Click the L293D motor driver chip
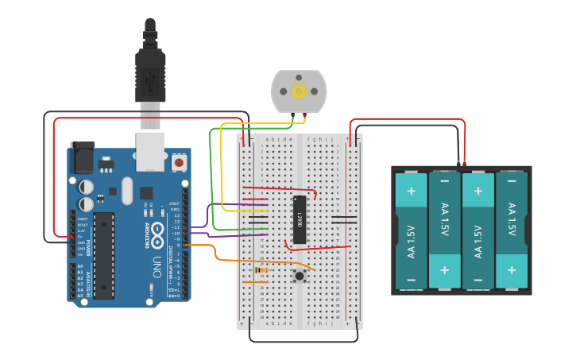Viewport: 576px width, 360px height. point(299,217)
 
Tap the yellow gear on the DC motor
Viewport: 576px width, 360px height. point(299,91)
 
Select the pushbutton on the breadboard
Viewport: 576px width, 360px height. point(300,276)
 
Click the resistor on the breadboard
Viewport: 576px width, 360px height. point(260,270)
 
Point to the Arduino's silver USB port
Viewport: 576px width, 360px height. point(151,151)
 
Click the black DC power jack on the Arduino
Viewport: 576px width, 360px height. point(82,159)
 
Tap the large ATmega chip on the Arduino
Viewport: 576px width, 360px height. point(104,255)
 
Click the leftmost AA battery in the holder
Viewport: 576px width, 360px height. point(411,230)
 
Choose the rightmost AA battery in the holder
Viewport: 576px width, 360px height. point(511,230)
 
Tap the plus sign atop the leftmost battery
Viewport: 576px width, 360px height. point(411,191)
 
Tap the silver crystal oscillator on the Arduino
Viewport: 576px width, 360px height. point(127,190)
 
